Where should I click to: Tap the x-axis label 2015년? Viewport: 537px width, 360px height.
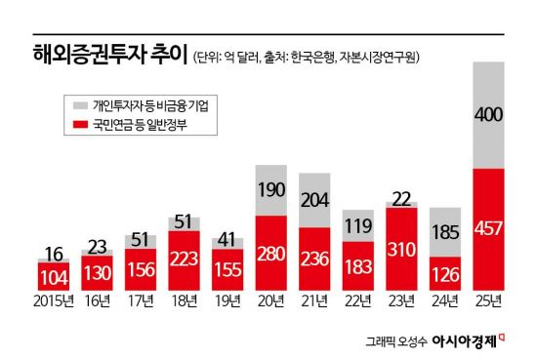click(x=53, y=300)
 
